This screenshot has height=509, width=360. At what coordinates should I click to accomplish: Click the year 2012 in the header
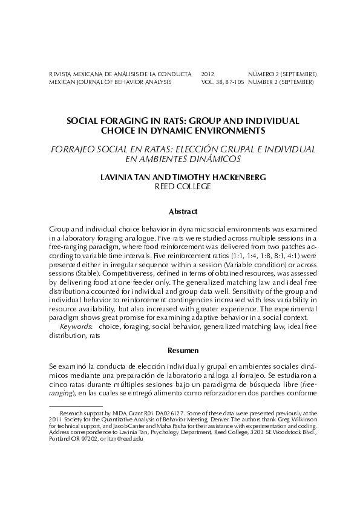(x=208, y=74)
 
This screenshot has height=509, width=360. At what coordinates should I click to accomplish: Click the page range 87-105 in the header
(x=232, y=82)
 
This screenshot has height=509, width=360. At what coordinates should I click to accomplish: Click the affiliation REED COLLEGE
(x=183, y=187)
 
